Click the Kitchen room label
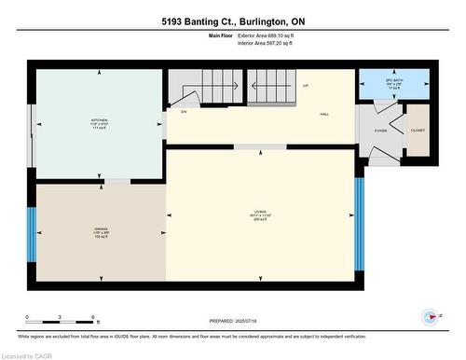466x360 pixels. (97, 122)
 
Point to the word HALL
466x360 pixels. (324, 114)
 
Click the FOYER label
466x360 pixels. (380, 131)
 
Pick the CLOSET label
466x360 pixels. (417, 131)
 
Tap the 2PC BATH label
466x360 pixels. (394, 82)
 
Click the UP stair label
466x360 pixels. (306, 86)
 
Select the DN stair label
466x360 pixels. (185, 111)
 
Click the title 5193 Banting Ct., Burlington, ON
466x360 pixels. (233, 21)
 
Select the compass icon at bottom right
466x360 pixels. (430, 316)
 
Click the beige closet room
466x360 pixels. (417, 132)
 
